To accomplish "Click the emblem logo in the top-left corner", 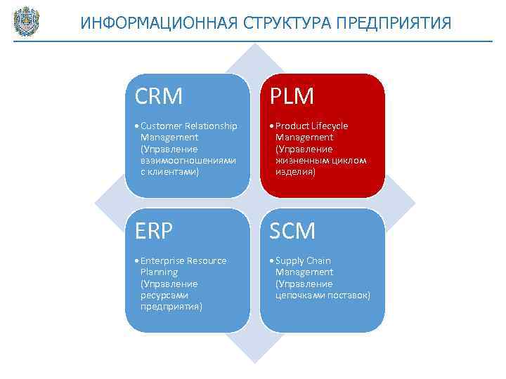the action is pos(26,21).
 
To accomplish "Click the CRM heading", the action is pos(159,95).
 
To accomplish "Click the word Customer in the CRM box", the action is pos(161,126).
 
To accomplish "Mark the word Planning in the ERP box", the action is pos(159,272).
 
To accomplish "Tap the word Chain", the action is pos(318,261).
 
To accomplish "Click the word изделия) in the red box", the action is pos(295,172).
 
